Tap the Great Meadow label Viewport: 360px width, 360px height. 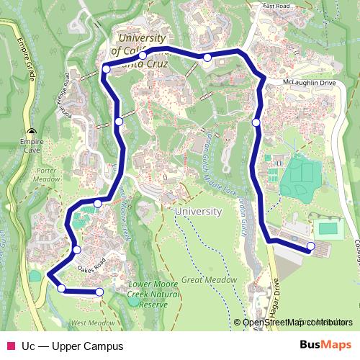[210, 279]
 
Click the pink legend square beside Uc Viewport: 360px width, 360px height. [11, 346]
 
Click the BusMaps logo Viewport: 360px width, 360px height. [326, 346]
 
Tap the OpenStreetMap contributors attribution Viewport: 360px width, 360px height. [297, 323]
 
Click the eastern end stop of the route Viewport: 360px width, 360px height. [311, 247]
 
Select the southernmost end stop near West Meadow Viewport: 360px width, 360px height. [99, 292]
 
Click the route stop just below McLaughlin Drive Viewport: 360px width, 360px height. [256, 122]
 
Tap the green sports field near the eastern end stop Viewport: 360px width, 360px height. [329, 228]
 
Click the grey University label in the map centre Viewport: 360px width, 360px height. [198, 212]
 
